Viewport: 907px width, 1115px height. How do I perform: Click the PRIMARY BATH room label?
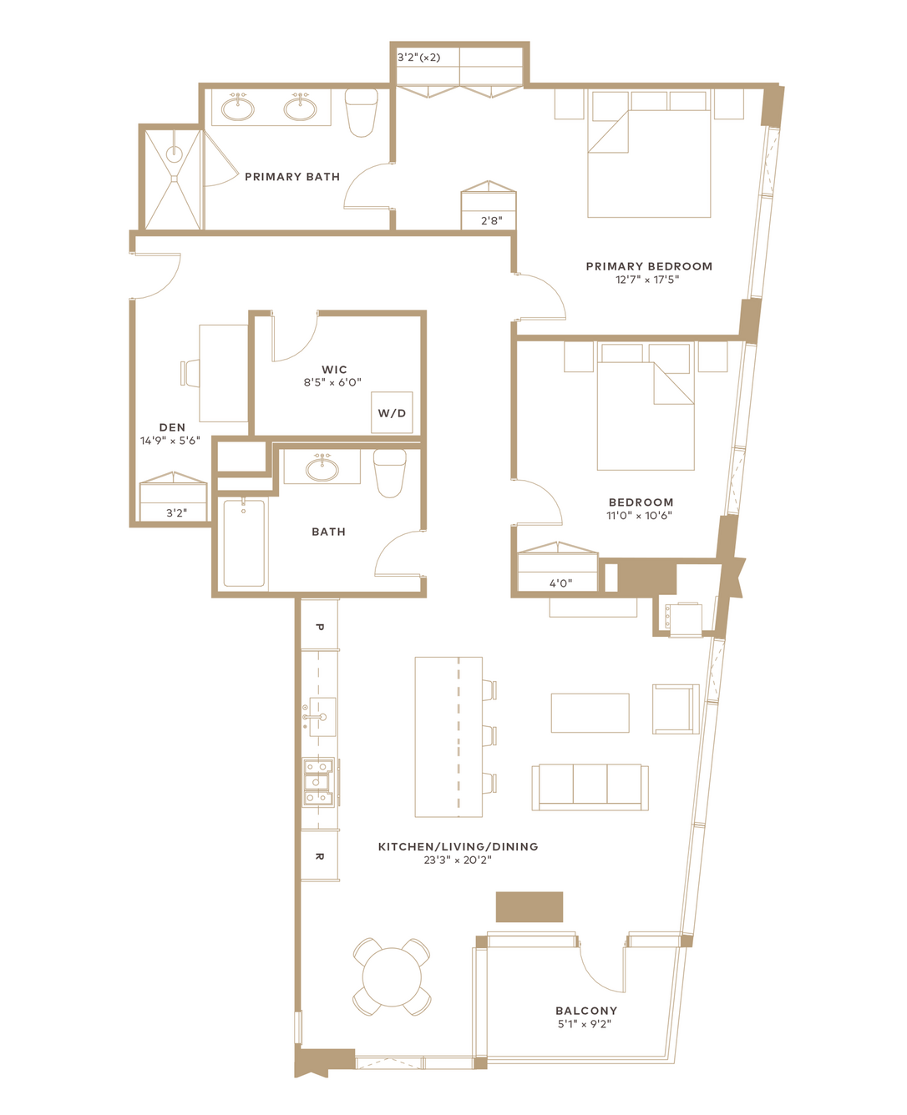[x=292, y=177]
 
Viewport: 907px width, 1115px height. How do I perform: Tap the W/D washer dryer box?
[x=392, y=412]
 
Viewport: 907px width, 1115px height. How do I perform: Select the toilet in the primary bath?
[x=362, y=113]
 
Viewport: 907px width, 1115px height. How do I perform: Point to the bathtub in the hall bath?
[x=244, y=542]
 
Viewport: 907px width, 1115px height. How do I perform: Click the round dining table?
[x=392, y=976]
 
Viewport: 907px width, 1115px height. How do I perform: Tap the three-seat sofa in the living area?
[x=590, y=787]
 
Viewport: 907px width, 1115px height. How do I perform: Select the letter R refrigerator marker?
[x=319, y=857]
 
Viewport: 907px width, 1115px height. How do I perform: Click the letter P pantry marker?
[x=320, y=627]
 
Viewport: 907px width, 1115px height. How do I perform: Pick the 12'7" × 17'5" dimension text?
[x=647, y=280]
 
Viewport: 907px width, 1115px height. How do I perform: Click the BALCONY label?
[x=586, y=1011]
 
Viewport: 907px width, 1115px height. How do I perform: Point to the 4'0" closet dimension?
[x=561, y=583]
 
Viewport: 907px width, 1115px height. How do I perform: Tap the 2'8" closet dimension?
[x=492, y=220]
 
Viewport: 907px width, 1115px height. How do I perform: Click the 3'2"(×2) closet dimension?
[x=419, y=57]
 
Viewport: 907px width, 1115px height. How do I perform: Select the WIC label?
[x=334, y=370]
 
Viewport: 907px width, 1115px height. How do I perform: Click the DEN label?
[x=172, y=427]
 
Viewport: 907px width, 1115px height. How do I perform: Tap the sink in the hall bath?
[x=322, y=467]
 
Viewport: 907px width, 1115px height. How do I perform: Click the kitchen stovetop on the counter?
[x=318, y=782]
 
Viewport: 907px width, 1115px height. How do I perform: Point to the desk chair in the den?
[x=190, y=373]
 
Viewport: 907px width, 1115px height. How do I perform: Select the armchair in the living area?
[x=676, y=709]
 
